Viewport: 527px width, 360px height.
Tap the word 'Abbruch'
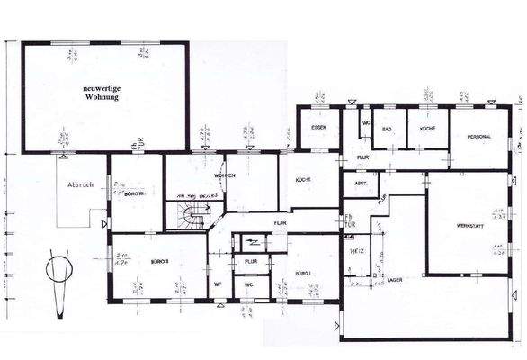(80, 186)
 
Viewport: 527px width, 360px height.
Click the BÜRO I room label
(302, 272)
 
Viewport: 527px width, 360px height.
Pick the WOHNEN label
(225, 176)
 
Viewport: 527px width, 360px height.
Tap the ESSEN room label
(318, 128)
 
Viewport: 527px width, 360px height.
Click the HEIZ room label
(355, 253)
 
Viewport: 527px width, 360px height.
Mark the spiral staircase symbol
(189, 216)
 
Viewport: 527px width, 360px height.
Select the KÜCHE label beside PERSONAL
(426, 129)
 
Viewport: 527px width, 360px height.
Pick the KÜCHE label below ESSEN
(302, 180)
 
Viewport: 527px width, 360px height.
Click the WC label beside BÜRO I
(250, 288)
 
